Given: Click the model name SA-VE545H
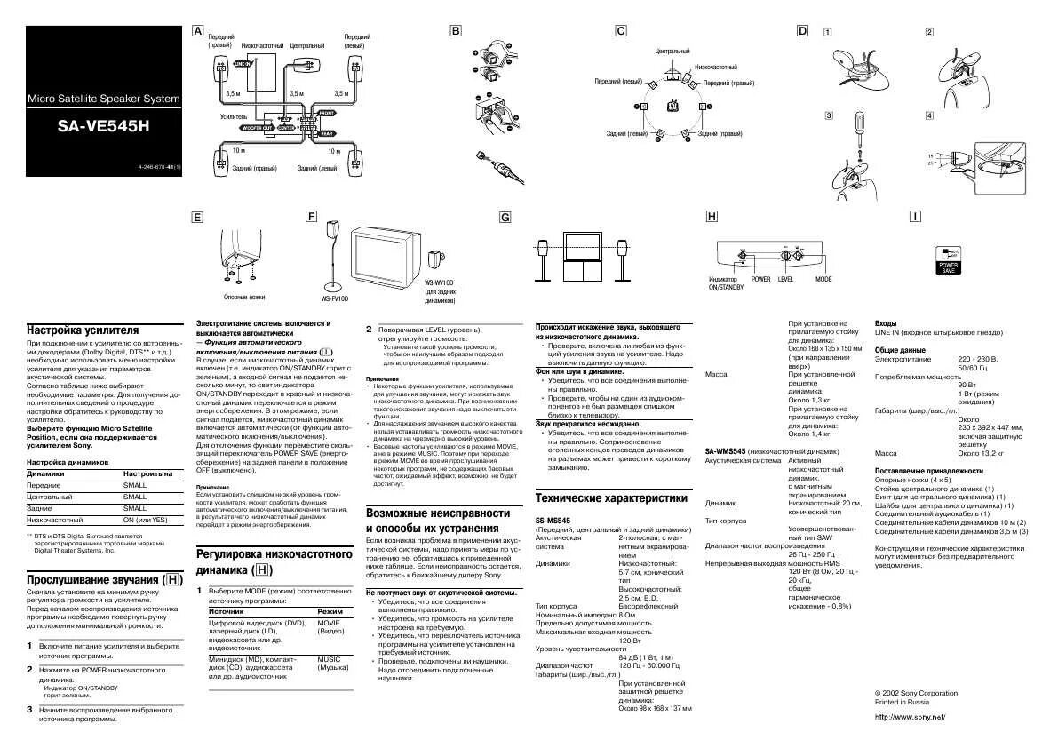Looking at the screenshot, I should click(x=104, y=126).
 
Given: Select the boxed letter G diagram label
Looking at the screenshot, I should click(x=505, y=217).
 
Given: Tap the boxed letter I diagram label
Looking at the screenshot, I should click(x=914, y=216).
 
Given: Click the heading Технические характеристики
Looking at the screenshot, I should click(x=611, y=497).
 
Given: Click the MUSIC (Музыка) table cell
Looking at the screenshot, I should click(x=334, y=663).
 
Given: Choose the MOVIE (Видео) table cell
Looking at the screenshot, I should click(x=334, y=627).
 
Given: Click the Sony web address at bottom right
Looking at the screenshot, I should click(x=910, y=716).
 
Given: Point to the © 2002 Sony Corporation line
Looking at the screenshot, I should click(x=916, y=693).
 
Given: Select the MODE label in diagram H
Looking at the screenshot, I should click(x=823, y=279).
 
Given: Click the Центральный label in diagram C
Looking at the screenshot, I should click(x=672, y=52).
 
